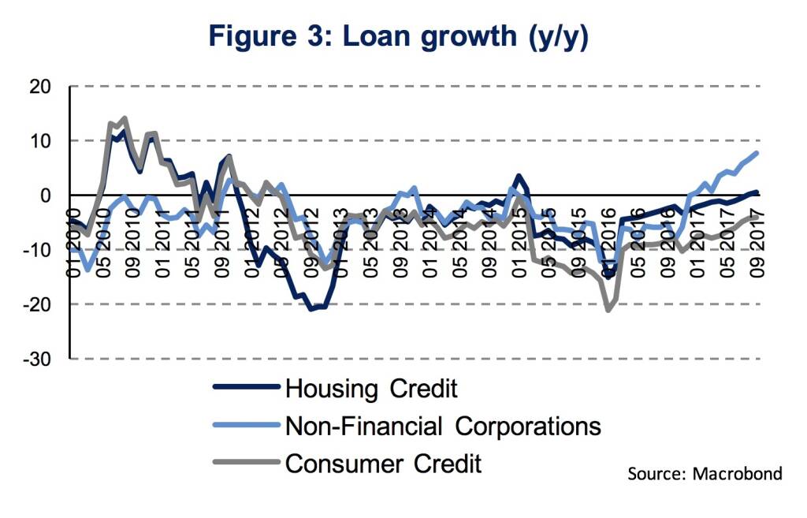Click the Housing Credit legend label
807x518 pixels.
[371, 388]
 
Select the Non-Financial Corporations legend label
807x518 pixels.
[443, 426]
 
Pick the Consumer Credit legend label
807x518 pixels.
[383, 464]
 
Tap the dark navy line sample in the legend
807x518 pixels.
[247, 388]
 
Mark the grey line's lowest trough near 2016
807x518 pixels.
[608, 310]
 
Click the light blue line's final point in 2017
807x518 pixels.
[757, 153]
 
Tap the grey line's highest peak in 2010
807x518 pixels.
[125, 119]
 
